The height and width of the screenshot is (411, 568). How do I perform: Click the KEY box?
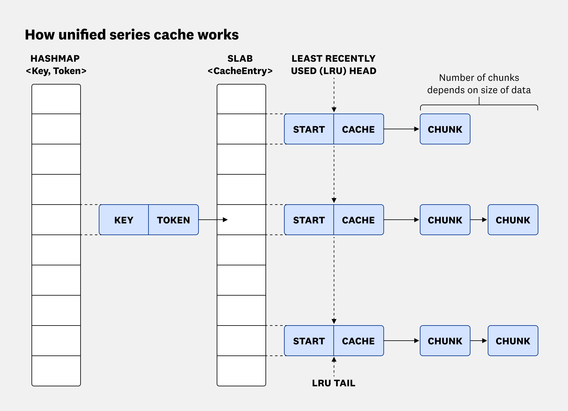pyautogui.click(x=124, y=220)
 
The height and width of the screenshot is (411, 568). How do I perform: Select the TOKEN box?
pyautogui.click(x=173, y=220)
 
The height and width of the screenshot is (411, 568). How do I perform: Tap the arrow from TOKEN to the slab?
pyautogui.click(x=213, y=220)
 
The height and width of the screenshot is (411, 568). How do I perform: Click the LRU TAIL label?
pyautogui.click(x=333, y=383)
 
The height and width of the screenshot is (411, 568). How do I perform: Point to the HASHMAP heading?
pyautogui.click(x=55, y=58)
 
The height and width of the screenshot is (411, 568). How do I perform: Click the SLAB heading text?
pyautogui.click(x=240, y=58)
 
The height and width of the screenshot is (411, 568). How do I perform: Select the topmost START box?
pyautogui.click(x=309, y=129)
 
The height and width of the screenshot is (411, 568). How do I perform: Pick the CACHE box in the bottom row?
pyautogui.click(x=358, y=341)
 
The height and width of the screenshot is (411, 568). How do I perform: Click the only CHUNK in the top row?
pyautogui.click(x=445, y=129)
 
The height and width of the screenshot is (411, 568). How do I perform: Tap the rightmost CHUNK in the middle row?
pyautogui.click(x=513, y=220)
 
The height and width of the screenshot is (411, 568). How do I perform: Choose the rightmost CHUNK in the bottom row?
pyautogui.click(x=513, y=341)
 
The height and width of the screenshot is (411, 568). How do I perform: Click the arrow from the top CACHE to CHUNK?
pyautogui.click(x=401, y=129)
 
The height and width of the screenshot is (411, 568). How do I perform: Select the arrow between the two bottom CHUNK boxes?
pyautogui.click(x=479, y=341)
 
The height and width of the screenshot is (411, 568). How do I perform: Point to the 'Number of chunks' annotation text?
pyautogui.click(x=479, y=78)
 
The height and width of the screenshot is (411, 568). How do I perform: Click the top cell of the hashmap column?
pyautogui.click(x=56, y=99)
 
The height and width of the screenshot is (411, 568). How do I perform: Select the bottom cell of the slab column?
pyautogui.click(x=241, y=371)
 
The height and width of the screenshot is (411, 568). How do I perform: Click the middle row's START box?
pyautogui.click(x=309, y=220)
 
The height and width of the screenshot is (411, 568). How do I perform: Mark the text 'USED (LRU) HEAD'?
pyautogui.click(x=333, y=71)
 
